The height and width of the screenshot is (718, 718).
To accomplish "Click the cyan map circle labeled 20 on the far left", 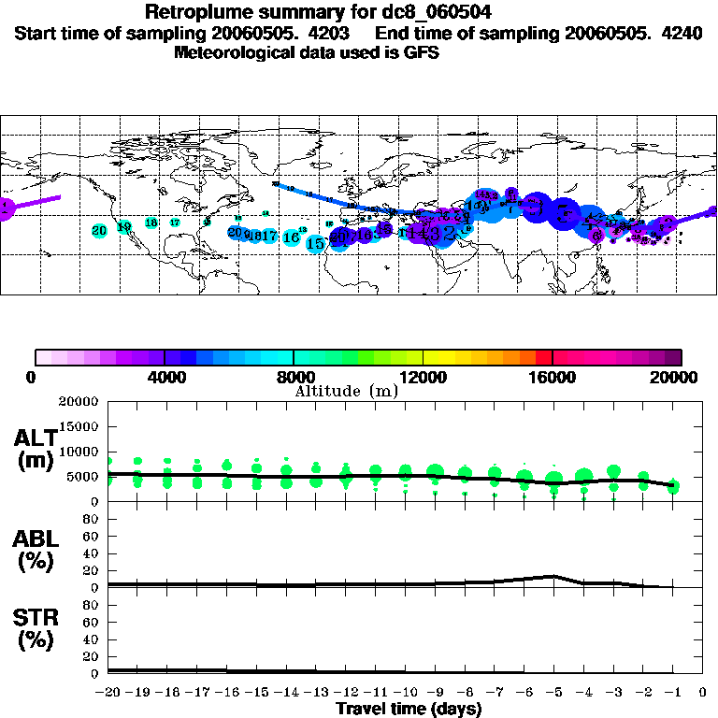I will click(99, 230).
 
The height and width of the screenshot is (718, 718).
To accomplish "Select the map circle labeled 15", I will click(316, 243).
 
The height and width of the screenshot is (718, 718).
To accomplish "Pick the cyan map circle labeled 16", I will click(292, 237).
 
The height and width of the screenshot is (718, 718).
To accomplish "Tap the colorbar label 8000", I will click(294, 378).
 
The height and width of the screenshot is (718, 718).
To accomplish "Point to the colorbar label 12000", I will click(423, 378).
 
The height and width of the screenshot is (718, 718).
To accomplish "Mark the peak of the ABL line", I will click(554, 576).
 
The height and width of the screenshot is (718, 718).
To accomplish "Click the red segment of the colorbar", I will click(542, 356).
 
